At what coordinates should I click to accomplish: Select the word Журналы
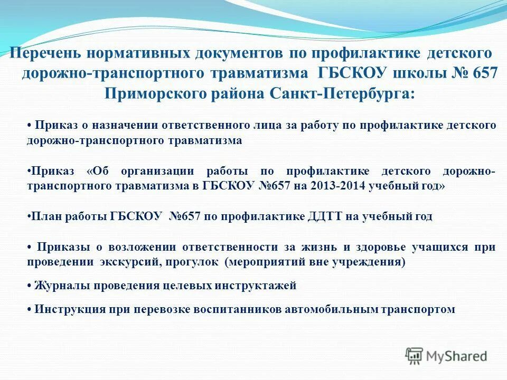[x=60, y=286]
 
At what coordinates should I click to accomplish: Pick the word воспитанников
[x=246, y=309]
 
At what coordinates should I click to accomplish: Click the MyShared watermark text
[x=457, y=356]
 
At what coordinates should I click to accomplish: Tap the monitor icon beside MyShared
[x=414, y=356]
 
